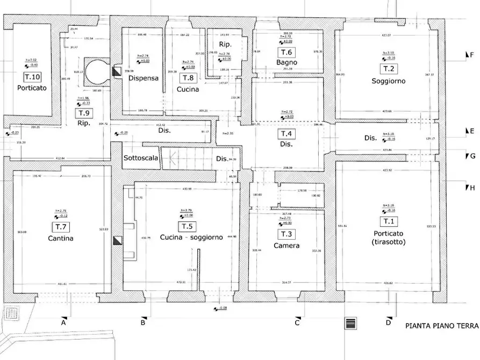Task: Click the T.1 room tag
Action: [x=388, y=221]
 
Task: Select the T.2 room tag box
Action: [x=388, y=69]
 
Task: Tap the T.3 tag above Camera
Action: [x=286, y=235]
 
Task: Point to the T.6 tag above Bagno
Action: [x=286, y=52]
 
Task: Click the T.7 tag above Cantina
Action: [x=59, y=227]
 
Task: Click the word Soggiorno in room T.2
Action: [x=388, y=81]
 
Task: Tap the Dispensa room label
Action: [x=143, y=78]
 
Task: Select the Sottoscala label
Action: [x=141, y=159]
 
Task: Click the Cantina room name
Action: [x=59, y=238]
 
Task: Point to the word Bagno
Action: [x=287, y=63]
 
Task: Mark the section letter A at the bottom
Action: [x=63, y=322]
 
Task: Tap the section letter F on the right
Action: [x=471, y=55]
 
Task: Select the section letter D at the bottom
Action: [x=388, y=322]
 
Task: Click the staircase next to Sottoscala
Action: [x=188, y=159]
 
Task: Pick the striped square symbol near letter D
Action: [x=350, y=322]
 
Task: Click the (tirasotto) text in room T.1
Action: [x=388, y=242]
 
